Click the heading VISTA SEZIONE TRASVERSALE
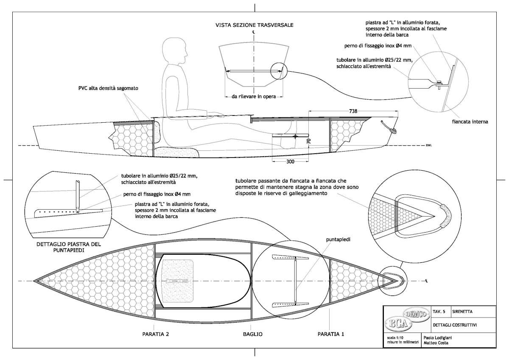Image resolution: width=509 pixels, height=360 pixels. [x=254, y=25]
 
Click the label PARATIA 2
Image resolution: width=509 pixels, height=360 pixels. [x=156, y=334]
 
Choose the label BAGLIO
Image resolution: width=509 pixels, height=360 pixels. [x=253, y=334]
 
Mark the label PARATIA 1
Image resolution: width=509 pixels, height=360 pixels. [x=331, y=334]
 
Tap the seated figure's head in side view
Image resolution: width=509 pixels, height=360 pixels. [x=175, y=50]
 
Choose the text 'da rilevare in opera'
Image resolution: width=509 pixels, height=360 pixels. [x=254, y=96]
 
